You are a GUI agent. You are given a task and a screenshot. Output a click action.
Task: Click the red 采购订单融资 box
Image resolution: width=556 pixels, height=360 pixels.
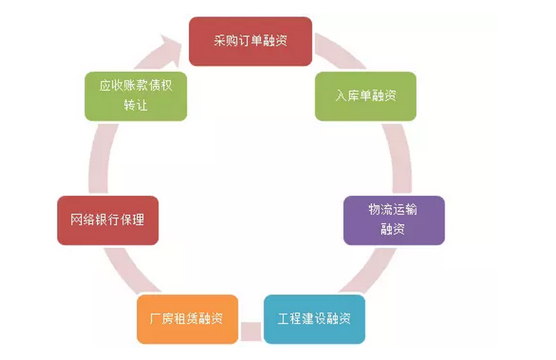(x=250, y=41)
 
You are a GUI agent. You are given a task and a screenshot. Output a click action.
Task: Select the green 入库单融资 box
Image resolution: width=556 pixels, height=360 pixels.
(x=366, y=96)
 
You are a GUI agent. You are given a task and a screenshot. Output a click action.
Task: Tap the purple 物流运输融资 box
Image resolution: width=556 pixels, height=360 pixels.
(x=394, y=220)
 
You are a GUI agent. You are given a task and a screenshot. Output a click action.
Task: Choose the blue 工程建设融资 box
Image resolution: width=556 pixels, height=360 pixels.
(x=314, y=318)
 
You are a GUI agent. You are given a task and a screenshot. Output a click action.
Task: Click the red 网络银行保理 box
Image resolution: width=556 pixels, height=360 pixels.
(x=107, y=220)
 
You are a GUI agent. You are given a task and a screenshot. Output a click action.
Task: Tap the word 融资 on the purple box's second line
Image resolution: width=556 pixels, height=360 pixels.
(x=393, y=229)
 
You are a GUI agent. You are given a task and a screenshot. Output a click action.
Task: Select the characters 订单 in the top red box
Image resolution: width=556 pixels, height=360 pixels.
(x=251, y=42)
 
